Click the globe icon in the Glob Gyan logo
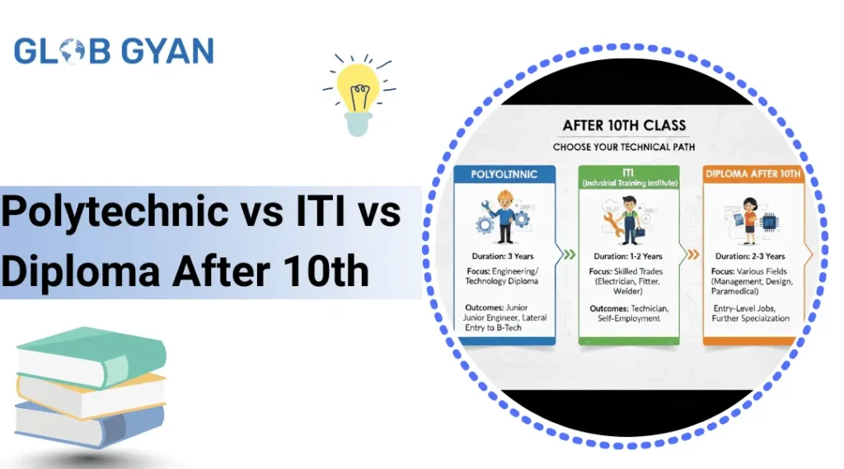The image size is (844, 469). tap(73, 51)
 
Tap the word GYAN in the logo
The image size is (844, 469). tap(167, 51)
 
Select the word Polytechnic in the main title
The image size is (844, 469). tap(115, 212)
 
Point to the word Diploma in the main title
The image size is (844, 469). tap(81, 270)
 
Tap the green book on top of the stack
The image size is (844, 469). tap(91, 355)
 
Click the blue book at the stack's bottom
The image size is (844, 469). tap(89, 424)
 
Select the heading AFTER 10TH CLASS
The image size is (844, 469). tap(625, 125)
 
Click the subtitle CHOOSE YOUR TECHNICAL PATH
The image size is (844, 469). tap(624, 147)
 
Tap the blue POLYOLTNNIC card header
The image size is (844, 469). tap(504, 174)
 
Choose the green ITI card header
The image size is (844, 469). tap(629, 177)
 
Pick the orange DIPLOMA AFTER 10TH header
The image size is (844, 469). tap(753, 174)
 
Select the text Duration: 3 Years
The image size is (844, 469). tap(503, 256)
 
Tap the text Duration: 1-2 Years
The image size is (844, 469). tap(628, 256)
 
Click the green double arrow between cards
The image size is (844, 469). tap(570, 255)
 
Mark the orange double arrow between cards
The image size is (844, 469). tap(693, 255)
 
